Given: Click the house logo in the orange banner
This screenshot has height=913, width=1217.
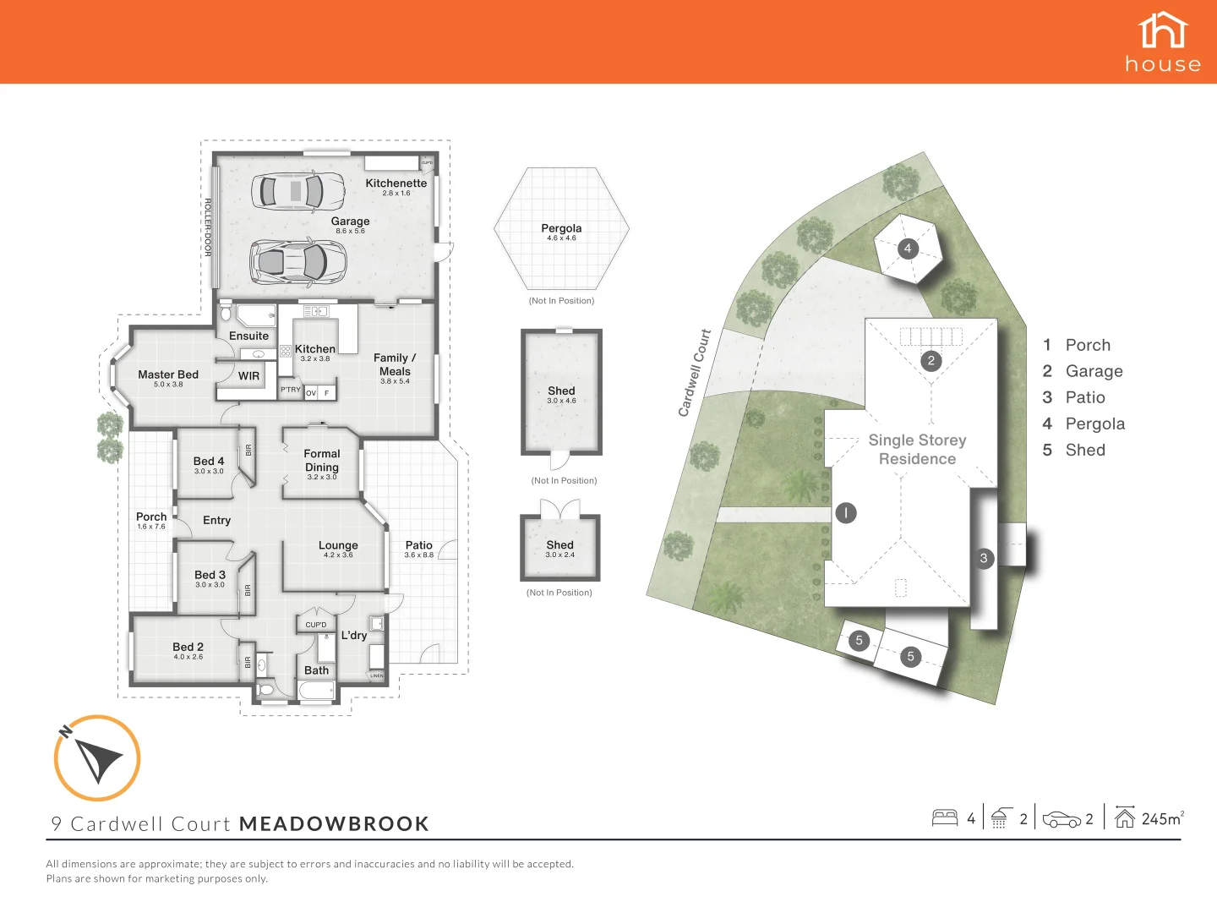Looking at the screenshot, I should pos(1163,41).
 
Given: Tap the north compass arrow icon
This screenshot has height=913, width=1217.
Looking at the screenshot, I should pos(97,757).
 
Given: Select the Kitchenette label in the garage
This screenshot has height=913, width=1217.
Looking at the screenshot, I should pos(396,183).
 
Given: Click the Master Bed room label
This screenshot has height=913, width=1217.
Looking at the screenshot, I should pos(168,374).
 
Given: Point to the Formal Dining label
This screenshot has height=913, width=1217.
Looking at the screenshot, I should pos(322,461).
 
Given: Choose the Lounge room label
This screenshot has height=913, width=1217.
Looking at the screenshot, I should pos(338,546).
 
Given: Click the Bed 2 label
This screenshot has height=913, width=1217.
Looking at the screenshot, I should pos(188,648).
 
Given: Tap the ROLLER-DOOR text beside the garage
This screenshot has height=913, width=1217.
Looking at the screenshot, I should pos(208,227).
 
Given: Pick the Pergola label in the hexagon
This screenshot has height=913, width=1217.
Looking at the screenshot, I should pos(561,228).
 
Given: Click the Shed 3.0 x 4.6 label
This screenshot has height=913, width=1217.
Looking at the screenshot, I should pos(561,391).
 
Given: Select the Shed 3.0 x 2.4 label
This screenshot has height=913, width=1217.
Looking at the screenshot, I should pos(559,546).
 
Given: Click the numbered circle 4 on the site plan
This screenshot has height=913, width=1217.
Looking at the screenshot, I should pos(908,249).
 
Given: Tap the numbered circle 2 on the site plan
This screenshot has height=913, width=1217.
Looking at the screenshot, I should pos(931,361).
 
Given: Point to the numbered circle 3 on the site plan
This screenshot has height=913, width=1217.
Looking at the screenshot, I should pos(984,558).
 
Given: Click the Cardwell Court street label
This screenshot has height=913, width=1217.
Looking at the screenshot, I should pos(694,373).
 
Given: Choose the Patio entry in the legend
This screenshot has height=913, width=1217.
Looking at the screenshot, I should pos(1084,397).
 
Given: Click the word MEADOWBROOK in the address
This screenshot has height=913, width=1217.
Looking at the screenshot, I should pos(335,824).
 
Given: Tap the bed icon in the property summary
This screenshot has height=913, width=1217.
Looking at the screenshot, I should pos(945,818).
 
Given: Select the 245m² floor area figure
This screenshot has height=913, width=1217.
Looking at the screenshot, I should pos(1161,818).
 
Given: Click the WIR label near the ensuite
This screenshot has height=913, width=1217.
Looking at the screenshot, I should pos(248,376).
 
